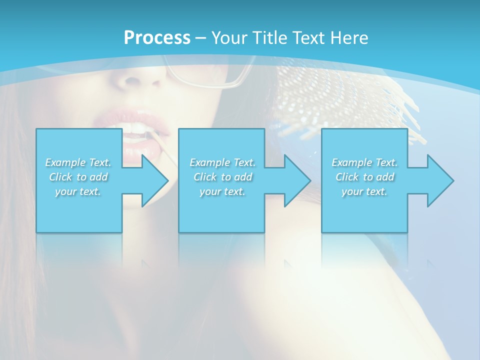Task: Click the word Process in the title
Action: [157, 37]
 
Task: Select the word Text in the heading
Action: [310, 37]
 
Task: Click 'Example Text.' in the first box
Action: [78, 162]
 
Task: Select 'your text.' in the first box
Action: [78, 191]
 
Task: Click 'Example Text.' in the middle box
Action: [222, 162]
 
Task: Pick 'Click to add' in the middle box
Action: [222, 177]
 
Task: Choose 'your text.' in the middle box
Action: [222, 191]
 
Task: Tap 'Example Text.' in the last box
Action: [364, 162]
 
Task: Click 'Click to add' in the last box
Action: [364, 177]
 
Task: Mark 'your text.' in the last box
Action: [364, 191]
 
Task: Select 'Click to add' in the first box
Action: [78, 177]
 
